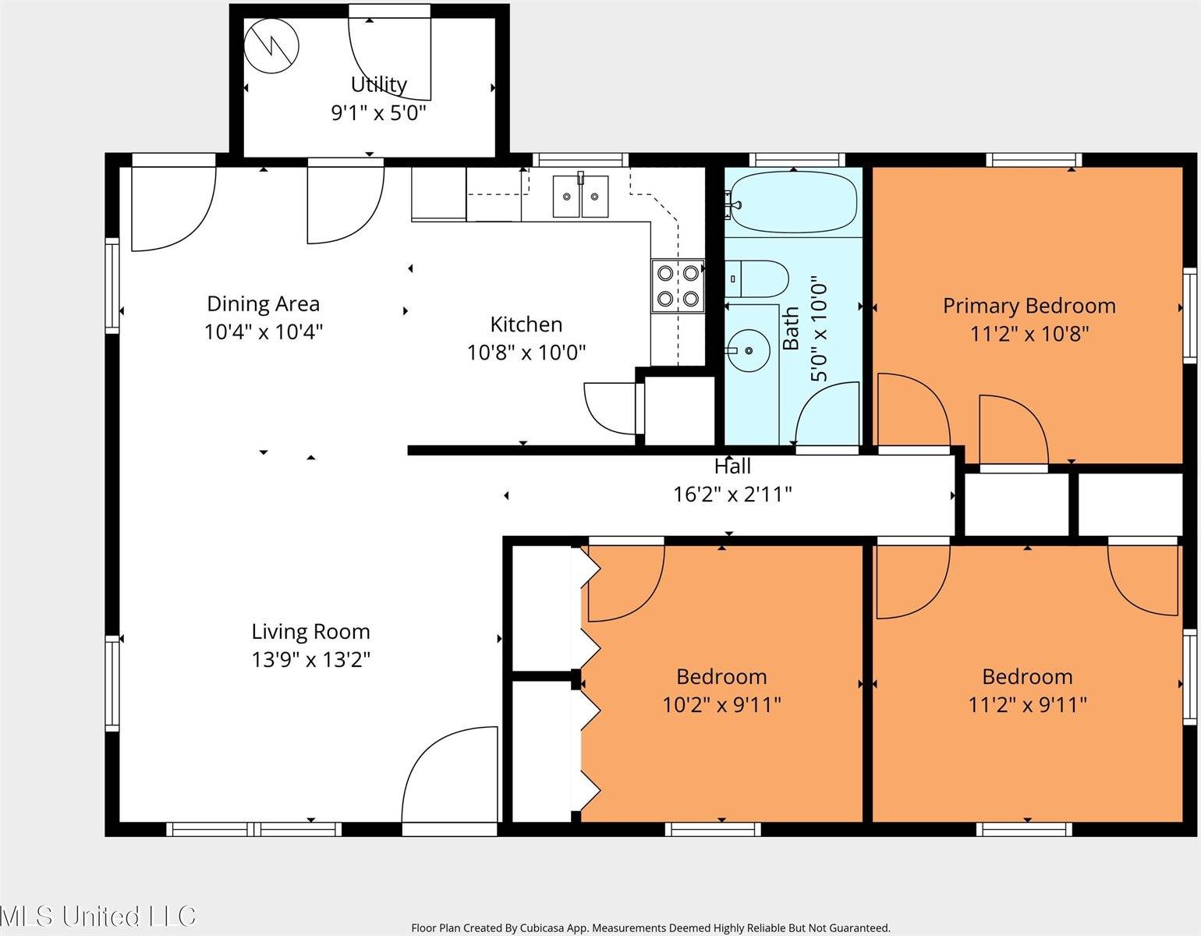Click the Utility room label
(x=378, y=84)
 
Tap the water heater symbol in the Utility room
(x=271, y=46)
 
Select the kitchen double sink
(x=580, y=196)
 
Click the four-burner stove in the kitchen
(x=678, y=285)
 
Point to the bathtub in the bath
(x=794, y=202)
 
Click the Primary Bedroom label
(x=1029, y=306)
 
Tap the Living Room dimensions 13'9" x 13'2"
(x=310, y=660)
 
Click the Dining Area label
(x=263, y=303)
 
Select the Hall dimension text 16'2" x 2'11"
(x=732, y=494)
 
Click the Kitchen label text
(x=526, y=324)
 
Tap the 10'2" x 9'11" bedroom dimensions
(x=721, y=705)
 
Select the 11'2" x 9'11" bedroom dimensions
(x=1027, y=705)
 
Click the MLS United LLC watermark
(x=98, y=916)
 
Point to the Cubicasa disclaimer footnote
(x=650, y=928)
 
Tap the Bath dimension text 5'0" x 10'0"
(x=819, y=328)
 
